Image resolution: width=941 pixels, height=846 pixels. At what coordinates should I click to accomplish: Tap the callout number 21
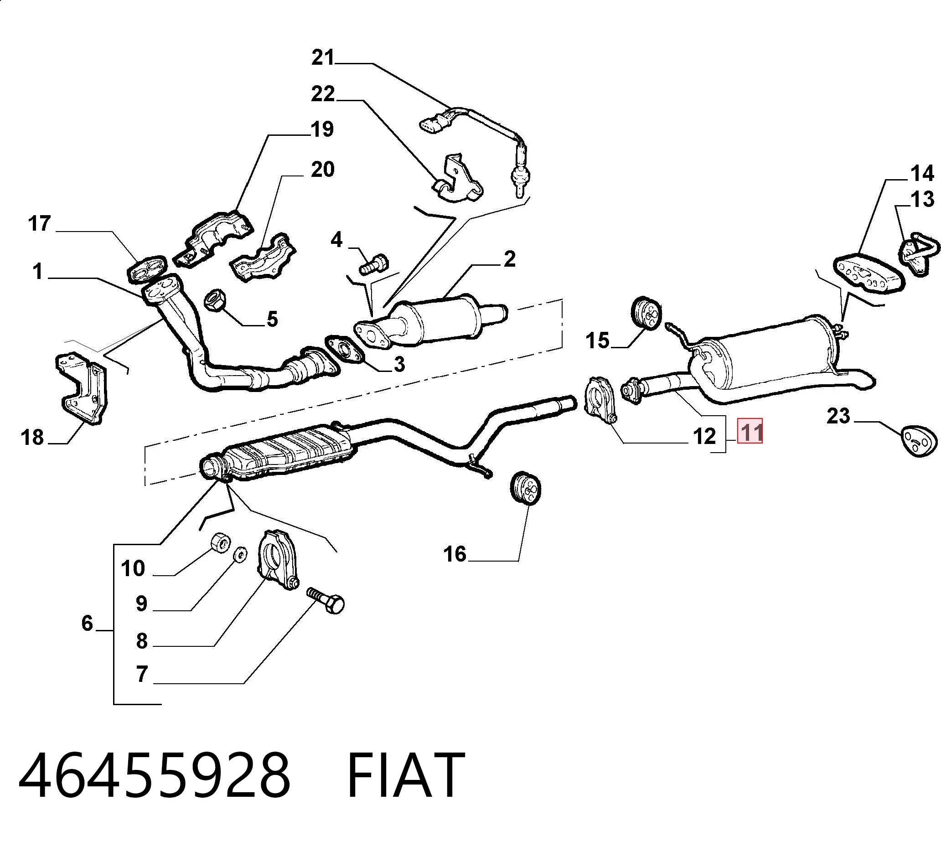(x=323, y=58)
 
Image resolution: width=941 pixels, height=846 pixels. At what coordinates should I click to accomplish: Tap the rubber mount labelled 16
(x=525, y=488)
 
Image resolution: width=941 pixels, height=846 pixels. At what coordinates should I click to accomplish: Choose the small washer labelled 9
(x=240, y=554)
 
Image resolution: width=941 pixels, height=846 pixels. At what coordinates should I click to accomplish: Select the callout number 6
(x=88, y=623)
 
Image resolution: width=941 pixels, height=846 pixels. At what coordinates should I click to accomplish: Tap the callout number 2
(x=510, y=259)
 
